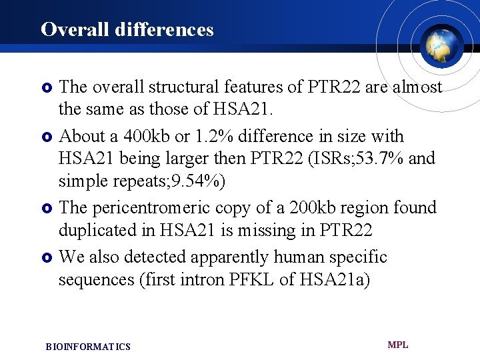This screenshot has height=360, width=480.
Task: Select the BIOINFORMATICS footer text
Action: point(88,347)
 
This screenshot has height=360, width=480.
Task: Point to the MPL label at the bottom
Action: point(398,345)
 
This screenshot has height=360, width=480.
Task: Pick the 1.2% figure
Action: point(211,136)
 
